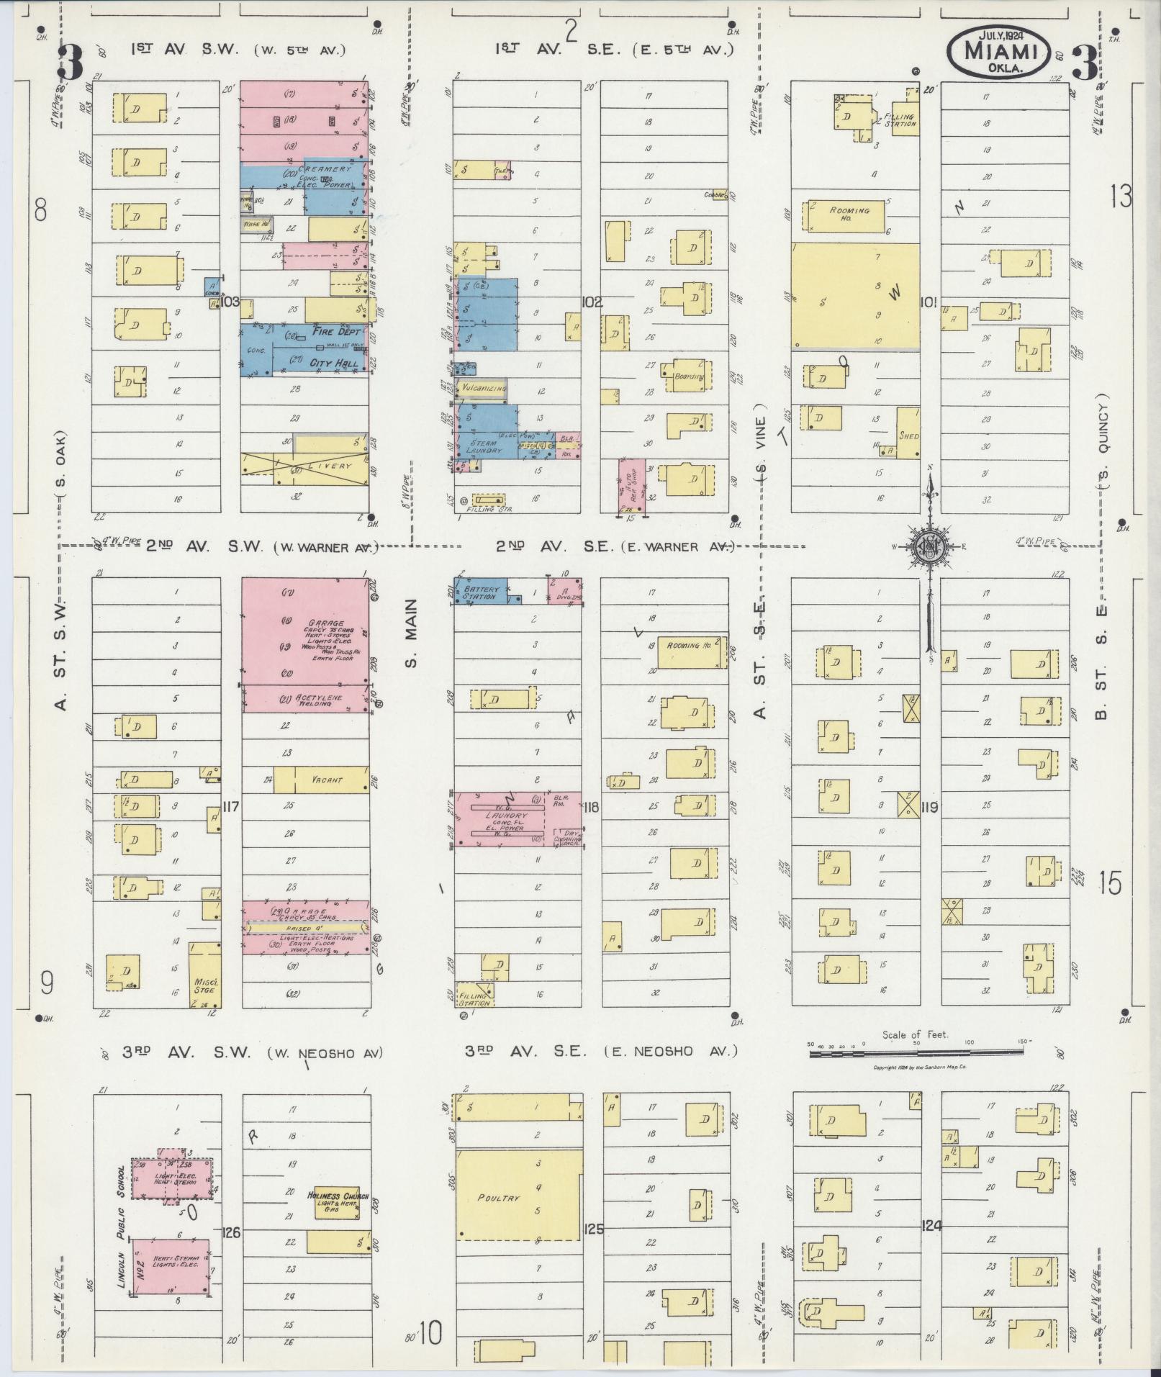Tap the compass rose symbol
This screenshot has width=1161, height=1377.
coord(929,546)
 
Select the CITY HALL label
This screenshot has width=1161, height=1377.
coord(334,364)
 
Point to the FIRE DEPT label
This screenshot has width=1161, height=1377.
coord(336,333)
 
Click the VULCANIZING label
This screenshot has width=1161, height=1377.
coord(484,388)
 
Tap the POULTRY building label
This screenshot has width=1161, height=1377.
coord(498,1198)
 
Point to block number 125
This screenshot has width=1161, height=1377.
coord(595,1229)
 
